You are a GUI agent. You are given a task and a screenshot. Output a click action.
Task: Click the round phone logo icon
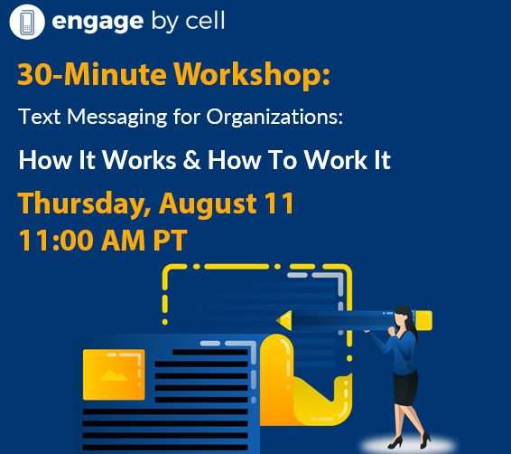(x=27, y=22)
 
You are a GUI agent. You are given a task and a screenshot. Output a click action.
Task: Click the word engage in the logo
(x=98, y=22)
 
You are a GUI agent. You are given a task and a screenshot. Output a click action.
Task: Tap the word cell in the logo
(x=205, y=20)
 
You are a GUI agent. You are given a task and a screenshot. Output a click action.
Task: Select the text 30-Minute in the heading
(x=92, y=74)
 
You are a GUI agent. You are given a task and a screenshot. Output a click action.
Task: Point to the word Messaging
(x=117, y=118)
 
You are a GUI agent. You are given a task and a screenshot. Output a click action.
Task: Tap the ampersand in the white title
(x=191, y=159)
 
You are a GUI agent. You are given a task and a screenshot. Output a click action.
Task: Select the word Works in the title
(x=139, y=160)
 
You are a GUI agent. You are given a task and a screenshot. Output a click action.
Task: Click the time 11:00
(x=56, y=241)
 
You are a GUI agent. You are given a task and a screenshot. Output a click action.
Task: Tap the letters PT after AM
(x=171, y=241)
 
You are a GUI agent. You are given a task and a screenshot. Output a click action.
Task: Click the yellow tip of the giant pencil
(x=283, y=320)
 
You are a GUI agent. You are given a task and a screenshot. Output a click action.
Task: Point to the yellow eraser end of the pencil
(x=423, y=320)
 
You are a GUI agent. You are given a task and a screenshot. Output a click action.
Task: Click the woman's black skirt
(x=405, y=388)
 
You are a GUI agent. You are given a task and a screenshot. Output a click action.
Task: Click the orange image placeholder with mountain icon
(x=114, y=374)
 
